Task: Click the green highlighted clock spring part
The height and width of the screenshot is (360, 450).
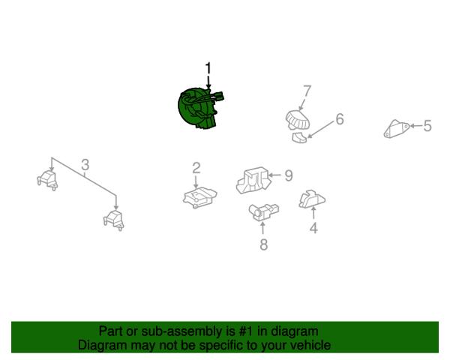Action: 198,109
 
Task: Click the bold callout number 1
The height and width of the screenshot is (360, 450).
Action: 208,68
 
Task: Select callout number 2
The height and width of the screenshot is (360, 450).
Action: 196,168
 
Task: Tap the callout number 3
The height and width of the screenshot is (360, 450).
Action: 85,165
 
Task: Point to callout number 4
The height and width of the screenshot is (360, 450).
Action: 313,228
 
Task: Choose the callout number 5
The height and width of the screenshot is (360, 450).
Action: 427,126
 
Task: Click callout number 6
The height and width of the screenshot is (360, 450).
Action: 340,118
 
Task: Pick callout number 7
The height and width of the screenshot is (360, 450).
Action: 307,91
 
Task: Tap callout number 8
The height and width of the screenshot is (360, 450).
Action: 264,244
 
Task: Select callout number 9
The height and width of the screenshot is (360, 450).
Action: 289,175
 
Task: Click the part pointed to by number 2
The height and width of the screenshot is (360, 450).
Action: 199,197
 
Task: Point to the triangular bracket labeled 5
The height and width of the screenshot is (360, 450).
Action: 397,129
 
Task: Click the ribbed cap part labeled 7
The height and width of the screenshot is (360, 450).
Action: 298,120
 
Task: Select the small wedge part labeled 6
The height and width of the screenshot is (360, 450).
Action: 299,137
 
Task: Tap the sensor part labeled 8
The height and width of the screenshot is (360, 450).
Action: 263,211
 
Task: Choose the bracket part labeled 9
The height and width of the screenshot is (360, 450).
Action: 253,180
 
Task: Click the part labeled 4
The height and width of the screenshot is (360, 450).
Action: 312,199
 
